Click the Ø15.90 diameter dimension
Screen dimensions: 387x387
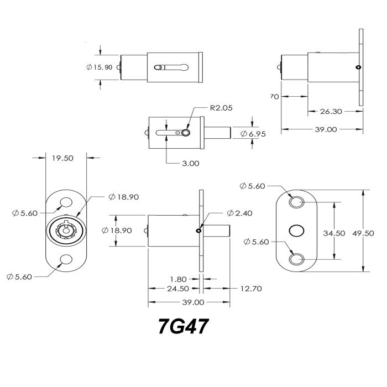pyautogui.click(x=100, y=66)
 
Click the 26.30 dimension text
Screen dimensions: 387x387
pyautogui.click(x=331, y=111)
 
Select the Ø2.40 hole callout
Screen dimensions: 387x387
pyautogui.click(x=239, y=213)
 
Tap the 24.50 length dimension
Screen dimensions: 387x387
pyautogui.click(x=178, y=289)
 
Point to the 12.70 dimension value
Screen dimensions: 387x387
pyautogui.click(x=250, y=289)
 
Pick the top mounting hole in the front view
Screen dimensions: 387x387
pyautogui.click(x=66, y=203)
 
